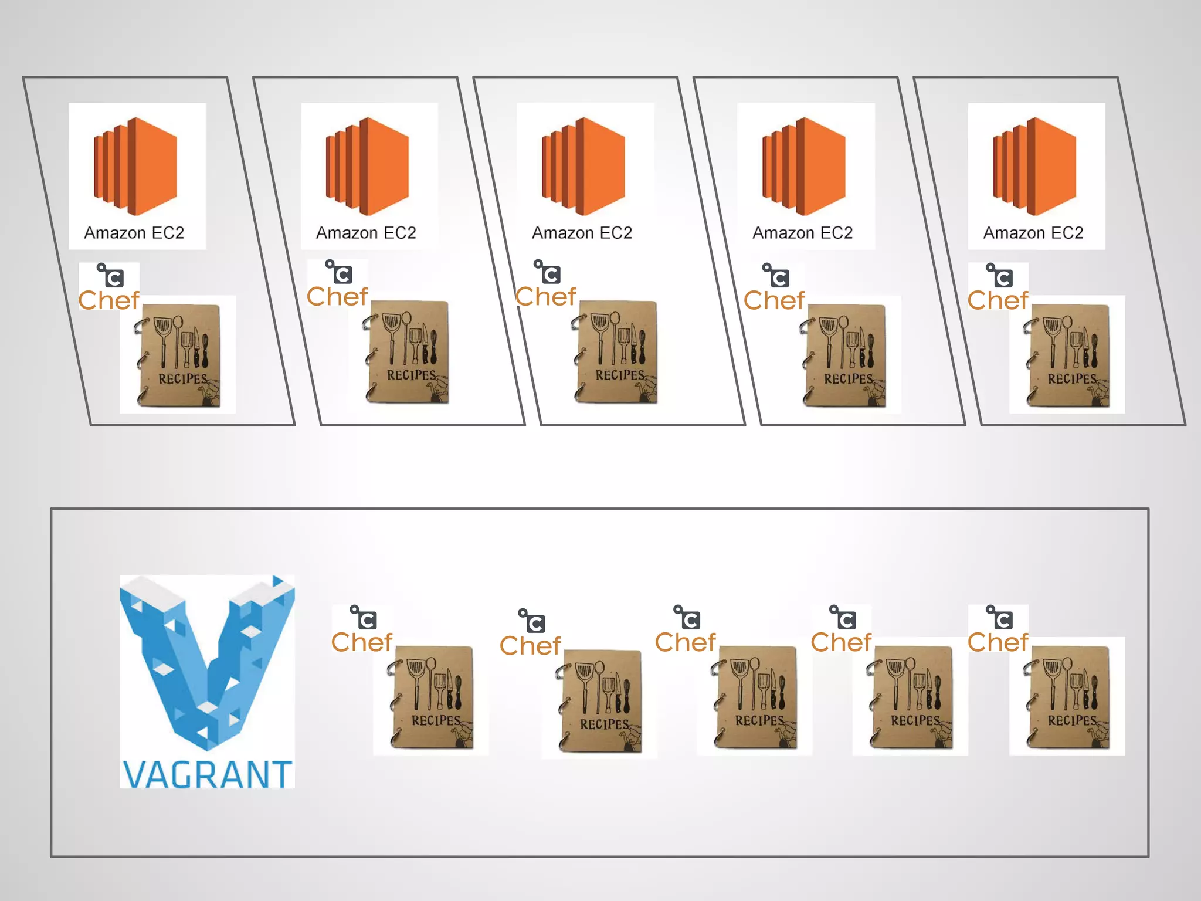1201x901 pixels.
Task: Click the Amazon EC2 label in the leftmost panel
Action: pyautogui.click(x=134, y=233)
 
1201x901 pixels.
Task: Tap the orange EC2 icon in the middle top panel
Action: pyautogui.click(x=583, y=166)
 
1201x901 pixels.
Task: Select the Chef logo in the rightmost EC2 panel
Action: pyautogui.click(x=998, y=287)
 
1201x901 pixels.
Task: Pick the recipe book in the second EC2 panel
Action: pyautogui.click(x=408, y=352)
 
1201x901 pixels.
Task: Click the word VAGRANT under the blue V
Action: pyautogui.click(x=207, y=774)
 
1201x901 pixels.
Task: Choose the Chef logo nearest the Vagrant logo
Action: pyautogui.click(x=362, y=630)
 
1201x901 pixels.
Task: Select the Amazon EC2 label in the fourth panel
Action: pyautogui.click(x=803, y=233)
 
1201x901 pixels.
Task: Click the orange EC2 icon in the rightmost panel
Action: pyautogui.click(x=1034, y=166)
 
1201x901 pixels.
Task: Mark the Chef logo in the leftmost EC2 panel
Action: pyautogui.click(x=109, y=287)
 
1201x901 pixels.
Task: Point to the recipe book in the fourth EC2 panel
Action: pyautogui.click(x=844, y=355)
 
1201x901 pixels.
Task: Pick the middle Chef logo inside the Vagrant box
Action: pyautogui.click(x=686, y=630)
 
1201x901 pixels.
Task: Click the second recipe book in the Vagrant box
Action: pyautogui.click(x=600, y=701)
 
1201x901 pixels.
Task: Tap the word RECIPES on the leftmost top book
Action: pyautogui.click(x=183, y=379)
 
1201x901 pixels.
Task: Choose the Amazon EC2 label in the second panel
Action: pyautogui.click(x=367, y=233)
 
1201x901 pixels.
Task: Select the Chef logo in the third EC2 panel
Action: pyautogui.click(x=546, y=284)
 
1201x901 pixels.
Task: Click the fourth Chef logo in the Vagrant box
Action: pyautogui.click(x=842, y=630)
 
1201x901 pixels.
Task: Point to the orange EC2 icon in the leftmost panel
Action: pyautogui.click(x=135, y=166)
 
